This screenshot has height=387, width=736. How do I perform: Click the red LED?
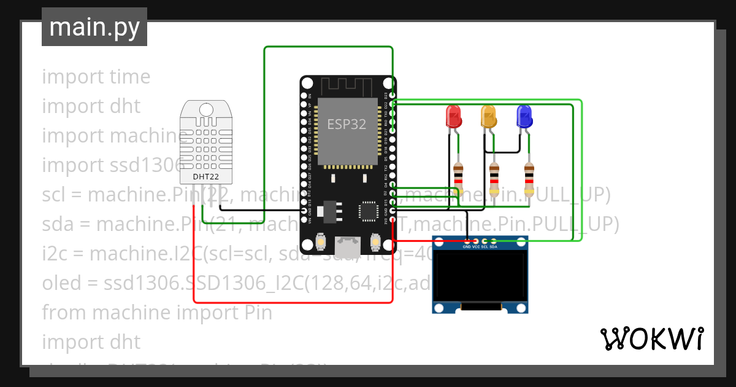pyautogui.click(x=453, y=116)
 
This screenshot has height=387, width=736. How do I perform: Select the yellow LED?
pyautogui.click(x=488, y=116)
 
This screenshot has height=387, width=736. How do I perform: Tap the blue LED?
pyautogui.click(x=524, y=116)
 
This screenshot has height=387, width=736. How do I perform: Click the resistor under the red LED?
pyautogui.click(x=458, y=178)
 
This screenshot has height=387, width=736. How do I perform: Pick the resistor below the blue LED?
pyautogui.click(x=529, y=178)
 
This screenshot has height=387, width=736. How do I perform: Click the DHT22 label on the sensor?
pyautogui.click(x=206, y=177)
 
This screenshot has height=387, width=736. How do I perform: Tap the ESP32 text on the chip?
pyautogui.click(x=347, y=124)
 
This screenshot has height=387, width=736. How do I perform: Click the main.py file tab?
pyautogui.click(x=94, y=27)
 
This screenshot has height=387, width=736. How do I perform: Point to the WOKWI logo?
pyautogui.click(x=651, y=338)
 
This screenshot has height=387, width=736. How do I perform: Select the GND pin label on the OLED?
pyautogui.click(x=467, y=247)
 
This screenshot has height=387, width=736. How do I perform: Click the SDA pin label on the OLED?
pyautogui.click(x=493, y=247)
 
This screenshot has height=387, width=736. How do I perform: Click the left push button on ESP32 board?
pyautogui.click(x=320, y=243)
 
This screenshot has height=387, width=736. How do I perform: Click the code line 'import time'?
pyautogui.click(x=96, y=77)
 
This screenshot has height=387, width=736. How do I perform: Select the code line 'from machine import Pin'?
pyautogui.click(x=157, y=313)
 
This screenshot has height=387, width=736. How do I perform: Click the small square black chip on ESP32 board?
pyautogui.click(x=368, y=211)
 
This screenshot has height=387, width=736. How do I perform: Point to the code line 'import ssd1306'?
pyautogui.click(x=113, y=165)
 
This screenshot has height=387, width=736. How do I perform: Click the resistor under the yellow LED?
pyautogui.click(x=494, y=178)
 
